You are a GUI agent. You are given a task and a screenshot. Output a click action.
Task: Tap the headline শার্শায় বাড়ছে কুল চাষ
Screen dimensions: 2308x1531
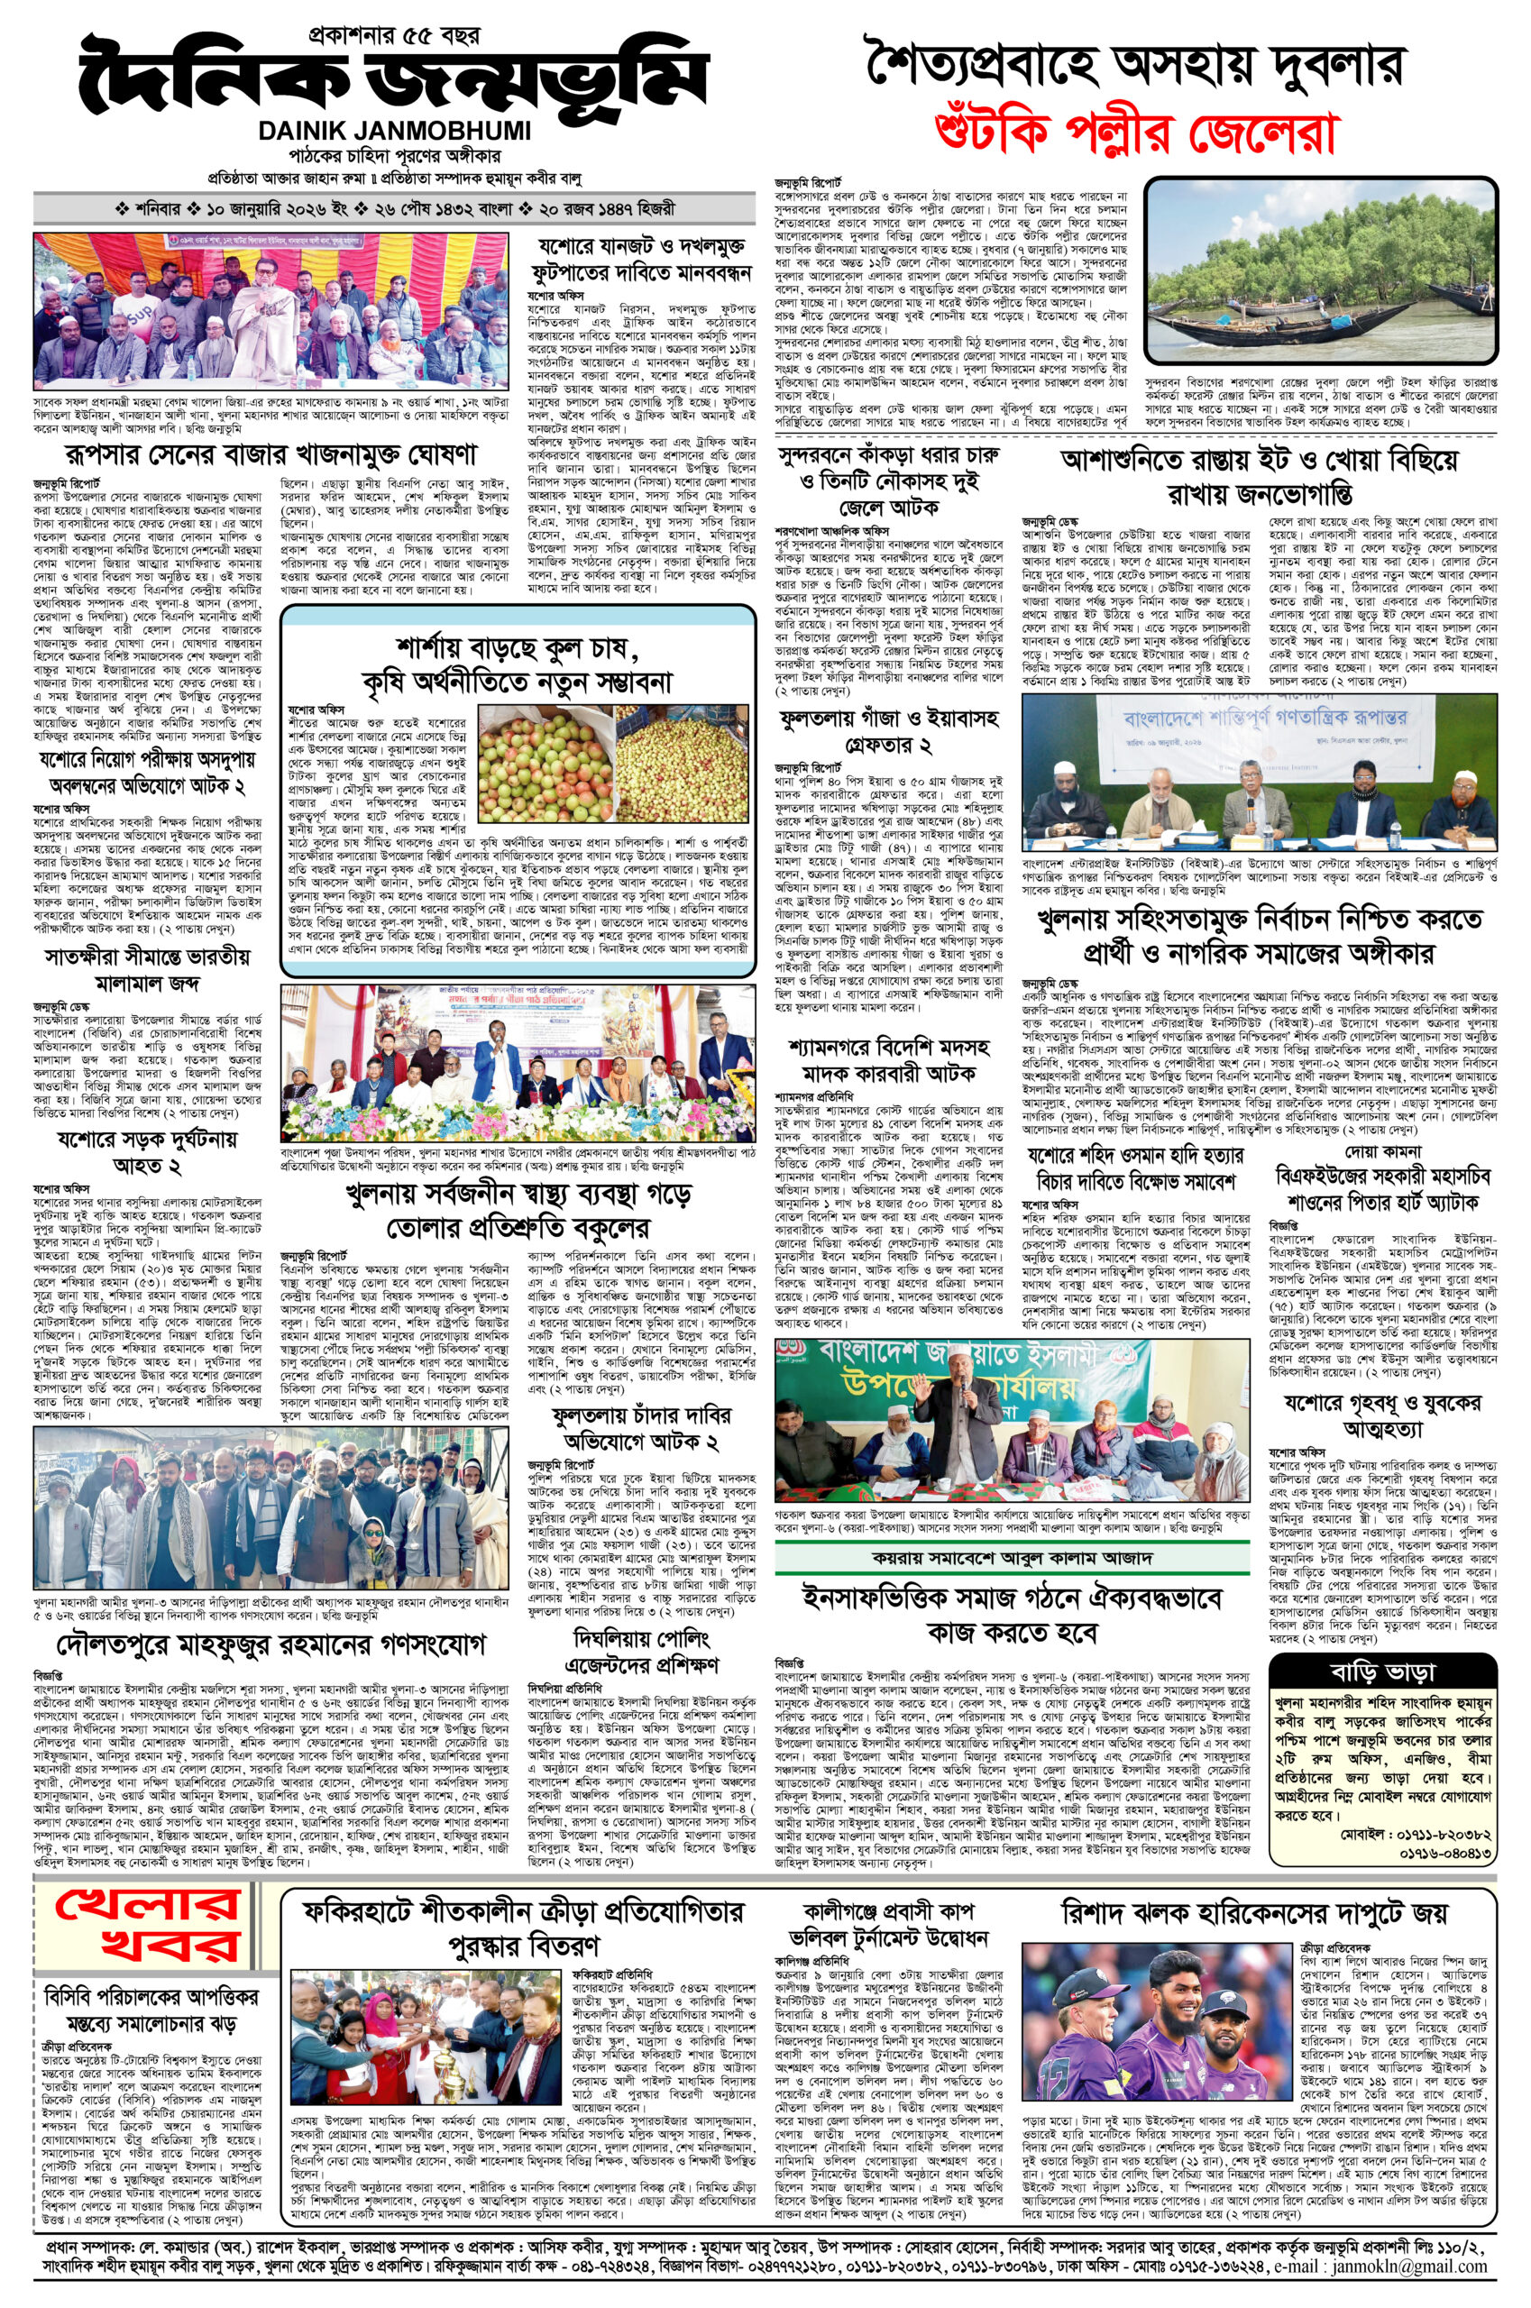[x=517, y=648]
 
